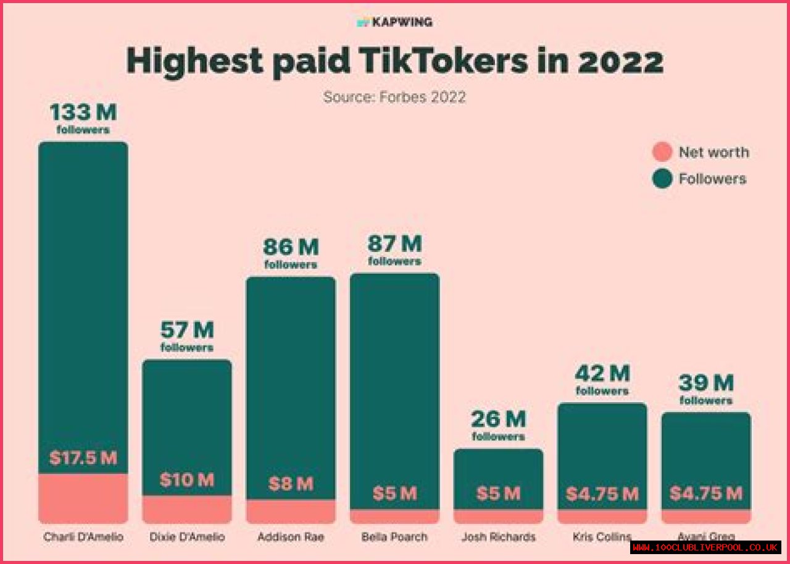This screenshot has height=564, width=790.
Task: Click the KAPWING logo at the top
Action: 395,22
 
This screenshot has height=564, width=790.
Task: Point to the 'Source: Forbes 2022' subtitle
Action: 394,97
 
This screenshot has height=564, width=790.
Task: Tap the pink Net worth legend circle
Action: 662,152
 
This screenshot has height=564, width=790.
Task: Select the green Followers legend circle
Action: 662,179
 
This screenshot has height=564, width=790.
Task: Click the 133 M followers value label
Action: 83,114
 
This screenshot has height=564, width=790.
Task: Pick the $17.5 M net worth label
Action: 83,458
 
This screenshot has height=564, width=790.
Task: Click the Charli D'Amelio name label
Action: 83,537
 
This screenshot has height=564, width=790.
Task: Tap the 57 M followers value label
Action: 187,331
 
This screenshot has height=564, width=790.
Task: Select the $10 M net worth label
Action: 187,479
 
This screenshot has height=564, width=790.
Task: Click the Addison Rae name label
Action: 291,537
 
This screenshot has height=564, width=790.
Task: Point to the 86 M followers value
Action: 291,248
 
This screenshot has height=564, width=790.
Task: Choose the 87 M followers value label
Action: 394,245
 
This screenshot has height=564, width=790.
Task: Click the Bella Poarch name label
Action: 394,537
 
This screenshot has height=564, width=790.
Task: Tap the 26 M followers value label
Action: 498,420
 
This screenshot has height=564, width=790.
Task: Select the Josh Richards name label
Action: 498,537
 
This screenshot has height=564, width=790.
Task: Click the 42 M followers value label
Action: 602,374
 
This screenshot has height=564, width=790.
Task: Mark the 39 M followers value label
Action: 705,384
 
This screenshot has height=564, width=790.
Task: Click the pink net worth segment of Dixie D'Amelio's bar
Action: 187,509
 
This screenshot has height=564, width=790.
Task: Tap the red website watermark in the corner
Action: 705,547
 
